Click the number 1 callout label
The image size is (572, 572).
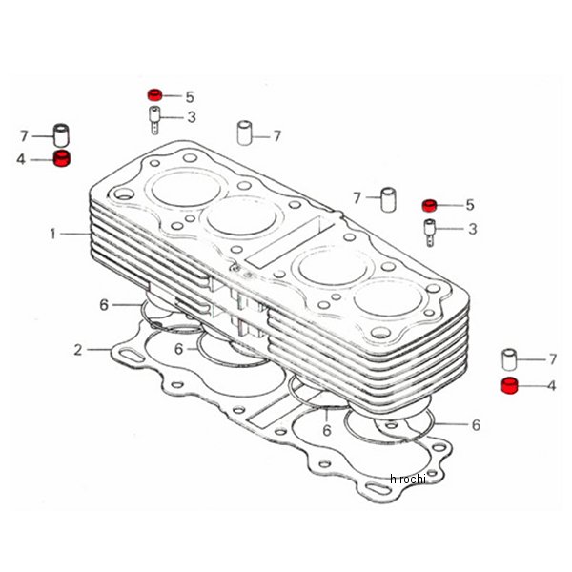[53, 234]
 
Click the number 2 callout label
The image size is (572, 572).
[78, 350]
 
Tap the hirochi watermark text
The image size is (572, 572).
[407, 479]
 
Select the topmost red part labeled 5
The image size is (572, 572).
[154, 94]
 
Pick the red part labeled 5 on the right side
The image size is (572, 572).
[429, 205]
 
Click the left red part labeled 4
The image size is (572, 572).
[62, 158]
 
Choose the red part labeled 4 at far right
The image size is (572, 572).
[510, 385]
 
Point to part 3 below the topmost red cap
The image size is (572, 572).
[154, 120]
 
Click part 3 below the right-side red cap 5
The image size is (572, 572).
[429, 233]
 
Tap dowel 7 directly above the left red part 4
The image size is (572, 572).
[61, 135]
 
